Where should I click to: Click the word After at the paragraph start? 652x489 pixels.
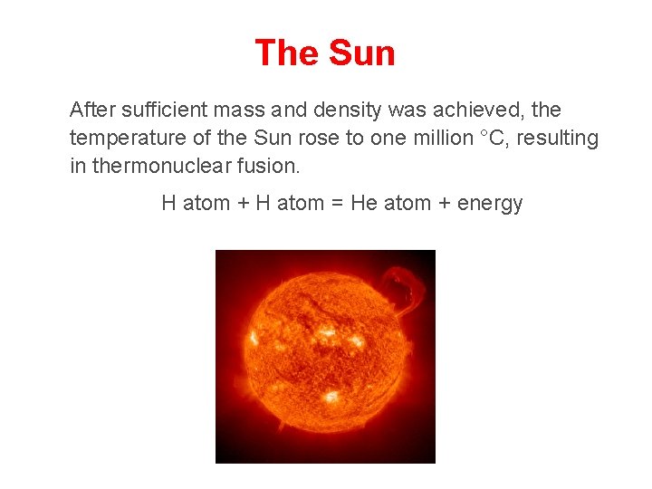point(92,110)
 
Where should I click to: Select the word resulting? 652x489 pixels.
point(558,139)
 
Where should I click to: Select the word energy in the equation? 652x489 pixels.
point(490,203)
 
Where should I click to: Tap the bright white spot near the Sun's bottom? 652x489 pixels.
point(331,397)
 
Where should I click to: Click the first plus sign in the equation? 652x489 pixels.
point(244,203)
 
